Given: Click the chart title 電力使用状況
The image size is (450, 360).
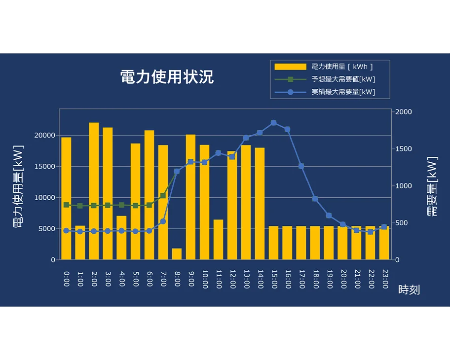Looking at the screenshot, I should (167, 77).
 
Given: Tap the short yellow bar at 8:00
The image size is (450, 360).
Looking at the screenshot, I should (177, 254).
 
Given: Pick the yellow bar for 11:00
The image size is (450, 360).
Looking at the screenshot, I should (218, 240).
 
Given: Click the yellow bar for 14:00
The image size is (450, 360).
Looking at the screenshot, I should (260, 203).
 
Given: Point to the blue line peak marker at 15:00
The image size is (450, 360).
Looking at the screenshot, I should (273, 123).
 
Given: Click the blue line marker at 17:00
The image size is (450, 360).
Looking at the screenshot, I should (301, 166).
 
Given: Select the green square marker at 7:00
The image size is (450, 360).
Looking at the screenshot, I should (163, 196).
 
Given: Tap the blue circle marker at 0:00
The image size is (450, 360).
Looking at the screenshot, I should (66, 230).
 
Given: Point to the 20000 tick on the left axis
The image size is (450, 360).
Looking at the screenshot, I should (46, 135).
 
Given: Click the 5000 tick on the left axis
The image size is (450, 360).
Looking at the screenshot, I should (48, 229).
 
